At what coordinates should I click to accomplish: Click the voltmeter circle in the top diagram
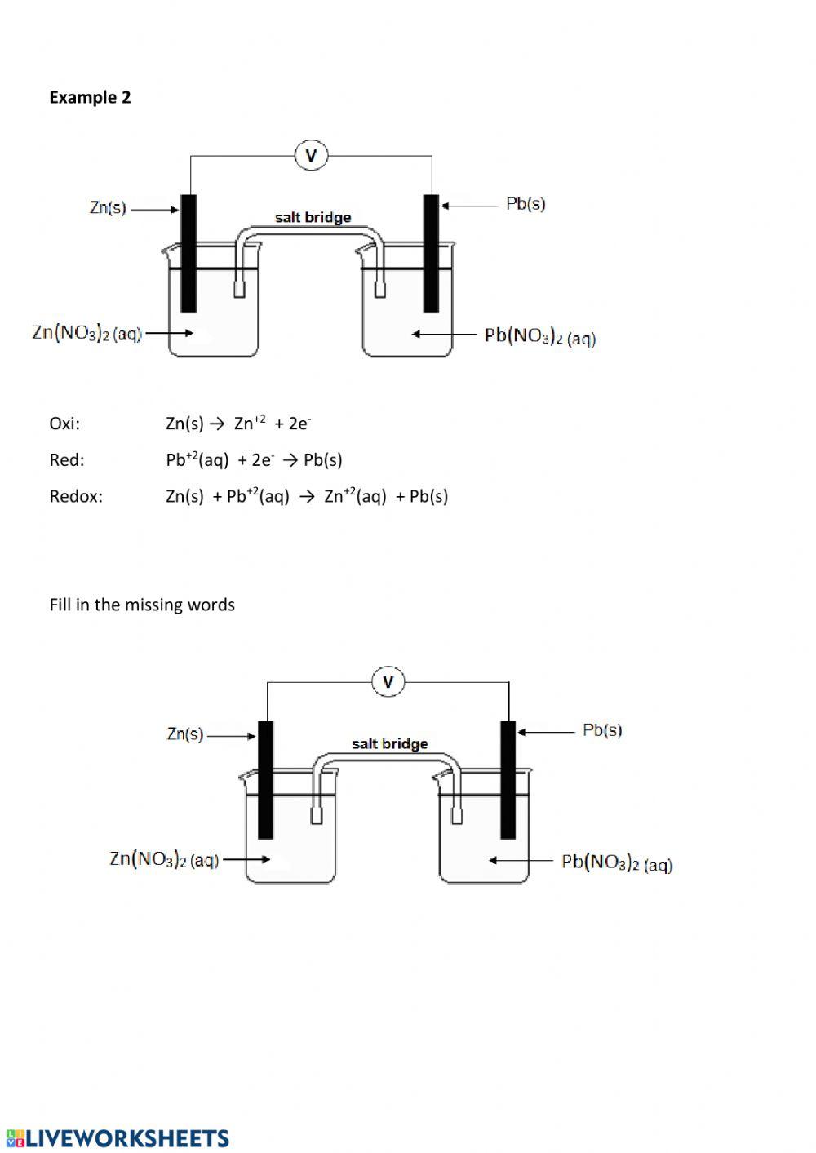311,155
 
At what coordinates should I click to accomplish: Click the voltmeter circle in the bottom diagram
388,681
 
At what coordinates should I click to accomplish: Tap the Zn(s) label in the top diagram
108,208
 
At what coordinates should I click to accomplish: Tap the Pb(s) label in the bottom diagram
602,730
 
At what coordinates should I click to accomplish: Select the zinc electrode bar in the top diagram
188,253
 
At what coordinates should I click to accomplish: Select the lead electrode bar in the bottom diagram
508,779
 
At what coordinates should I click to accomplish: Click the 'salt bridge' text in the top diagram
313,217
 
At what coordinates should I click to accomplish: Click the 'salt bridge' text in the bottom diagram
389,743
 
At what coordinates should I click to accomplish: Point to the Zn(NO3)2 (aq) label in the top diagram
86,333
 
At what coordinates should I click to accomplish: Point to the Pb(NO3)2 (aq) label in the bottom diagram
617,863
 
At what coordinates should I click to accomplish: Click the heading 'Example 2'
90,97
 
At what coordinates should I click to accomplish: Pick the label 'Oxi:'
64,424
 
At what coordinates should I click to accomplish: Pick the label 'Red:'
67,460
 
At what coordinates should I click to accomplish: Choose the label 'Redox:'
76,496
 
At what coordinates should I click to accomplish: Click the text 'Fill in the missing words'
142,605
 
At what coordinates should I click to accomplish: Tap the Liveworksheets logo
118,1138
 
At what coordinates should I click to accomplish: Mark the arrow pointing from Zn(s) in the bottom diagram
232,735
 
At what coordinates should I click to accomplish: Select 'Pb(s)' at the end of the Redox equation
428,496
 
